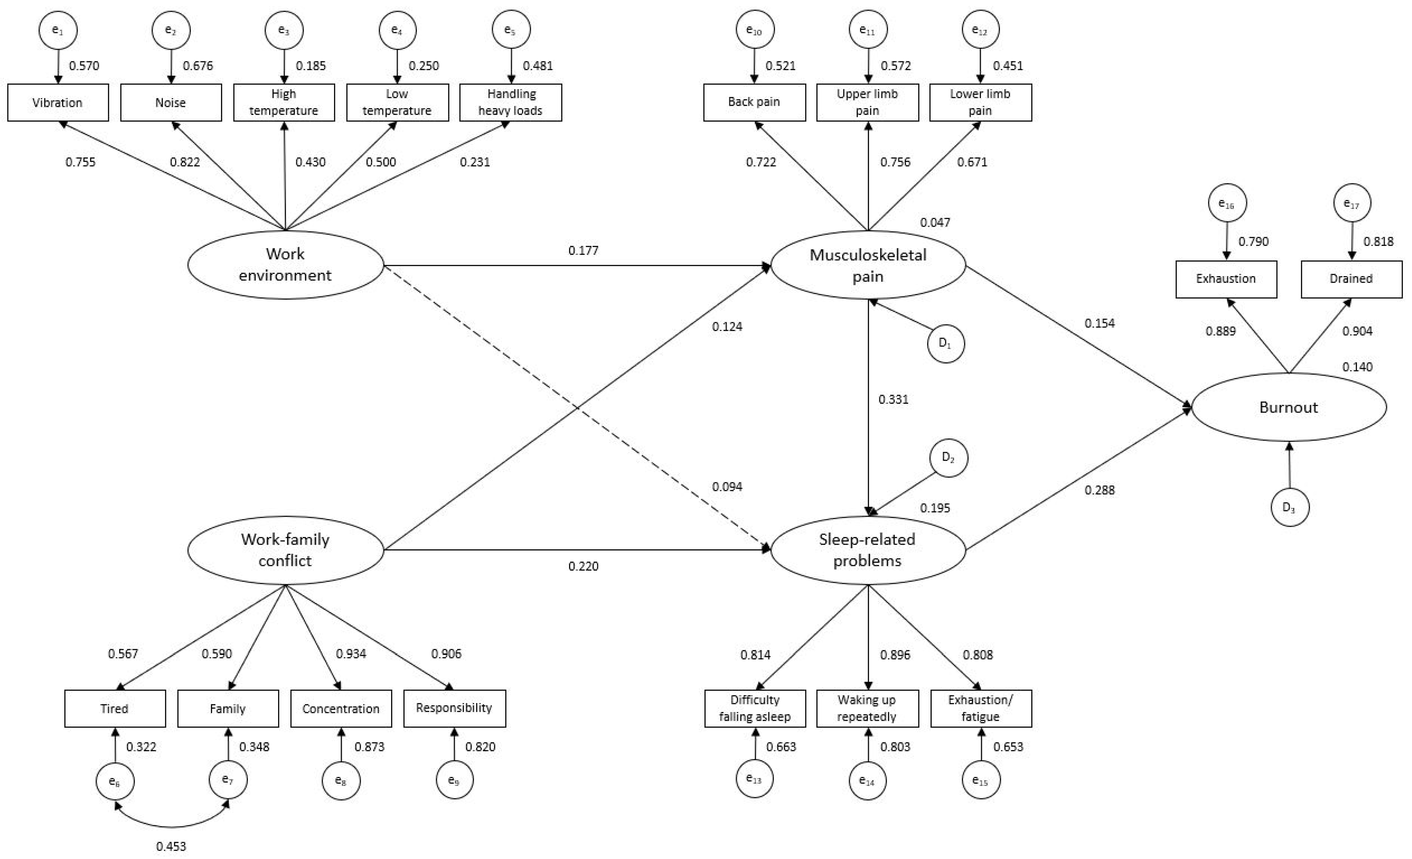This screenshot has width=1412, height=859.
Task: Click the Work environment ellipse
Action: (285, 265)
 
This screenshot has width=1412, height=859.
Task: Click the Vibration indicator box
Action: (58, 103)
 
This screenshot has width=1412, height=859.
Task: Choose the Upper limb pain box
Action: (867, 103)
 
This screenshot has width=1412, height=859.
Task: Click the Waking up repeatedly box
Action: (867, 708)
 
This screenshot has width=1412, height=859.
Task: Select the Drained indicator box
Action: (1351, 279)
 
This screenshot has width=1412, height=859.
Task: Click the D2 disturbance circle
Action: (948, 458)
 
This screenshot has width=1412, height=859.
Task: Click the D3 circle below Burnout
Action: (1289, 507)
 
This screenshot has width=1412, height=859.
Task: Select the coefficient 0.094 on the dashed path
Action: (727, 487)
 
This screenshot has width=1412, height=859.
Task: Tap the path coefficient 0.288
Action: (1099, 490)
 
